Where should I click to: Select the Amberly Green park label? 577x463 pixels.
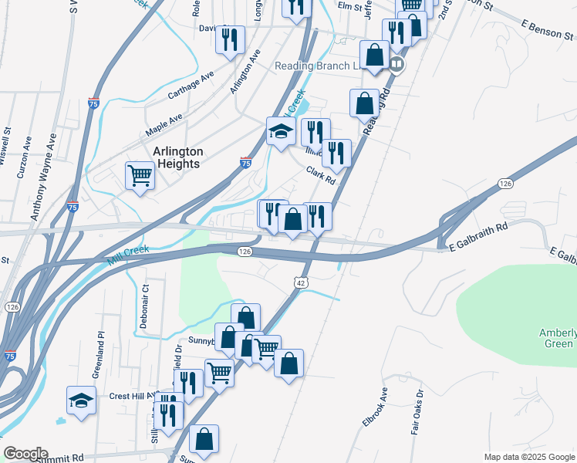click(558, 338)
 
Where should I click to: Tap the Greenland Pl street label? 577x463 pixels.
click(100, 353)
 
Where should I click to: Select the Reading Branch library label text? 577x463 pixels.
click(318, 66)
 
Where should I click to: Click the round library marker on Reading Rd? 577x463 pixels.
click(396, 64)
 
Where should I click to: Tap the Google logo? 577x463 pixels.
click(25, 454)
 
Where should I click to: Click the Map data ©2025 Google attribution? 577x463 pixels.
click(528, 457)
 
